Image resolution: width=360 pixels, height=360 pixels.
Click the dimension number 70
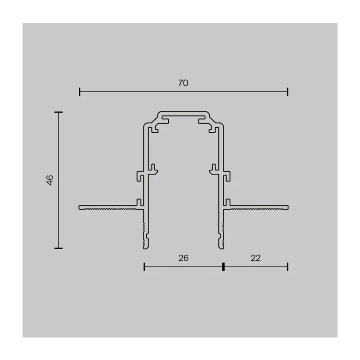click(183, 83)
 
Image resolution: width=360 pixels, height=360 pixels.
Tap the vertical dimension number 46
click(50, 180)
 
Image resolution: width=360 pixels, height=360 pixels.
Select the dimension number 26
click(183, 258)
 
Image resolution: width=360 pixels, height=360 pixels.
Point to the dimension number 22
click(256, 258)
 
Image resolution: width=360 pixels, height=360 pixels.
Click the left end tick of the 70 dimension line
click(80, 92)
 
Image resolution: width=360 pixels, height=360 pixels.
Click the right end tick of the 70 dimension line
click(288, 92)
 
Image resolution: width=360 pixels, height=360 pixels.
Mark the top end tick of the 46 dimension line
click(58, 112)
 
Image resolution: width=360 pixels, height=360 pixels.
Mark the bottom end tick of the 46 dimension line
click(58, 248)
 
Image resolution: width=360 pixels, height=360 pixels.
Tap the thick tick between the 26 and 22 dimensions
click(223, 267)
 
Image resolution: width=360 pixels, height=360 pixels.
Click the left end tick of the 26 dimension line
click(144, 267)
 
